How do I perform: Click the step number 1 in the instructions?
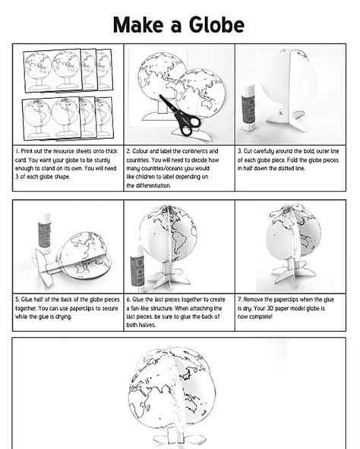pyautogui.click(x=17, y=150)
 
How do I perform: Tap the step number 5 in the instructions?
pyautogui.click(x=17, y=299)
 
